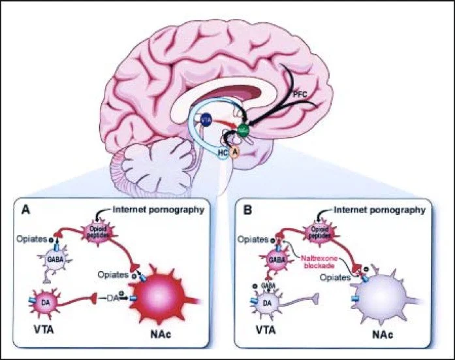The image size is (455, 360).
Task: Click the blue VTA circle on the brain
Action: tap(206, 120)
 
